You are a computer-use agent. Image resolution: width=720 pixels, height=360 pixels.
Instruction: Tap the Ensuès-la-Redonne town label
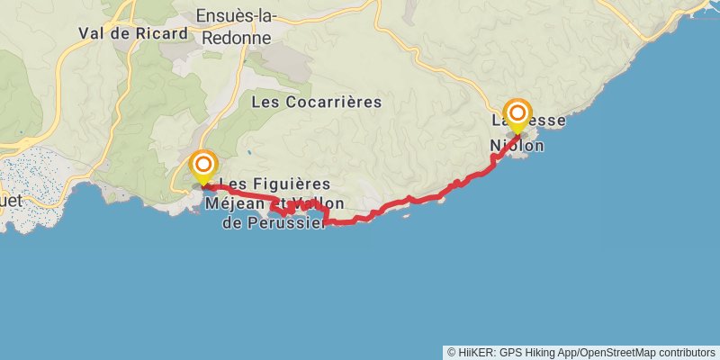pyautogui.click(x=238, y=27)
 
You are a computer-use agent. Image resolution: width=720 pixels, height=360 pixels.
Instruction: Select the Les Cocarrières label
pyautogui.click(x=316, y=102)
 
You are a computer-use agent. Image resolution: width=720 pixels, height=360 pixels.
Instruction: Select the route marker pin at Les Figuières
pyautogui.click(x=204, y=166)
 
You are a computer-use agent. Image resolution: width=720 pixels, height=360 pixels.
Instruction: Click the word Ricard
pyautogui.click(x=164, y=33)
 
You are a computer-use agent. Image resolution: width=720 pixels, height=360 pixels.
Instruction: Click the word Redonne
pyautogui.click(x=238, y=37)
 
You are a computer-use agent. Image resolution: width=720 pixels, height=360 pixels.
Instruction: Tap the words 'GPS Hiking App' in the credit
pyautogui.click(x=537, y=352)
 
